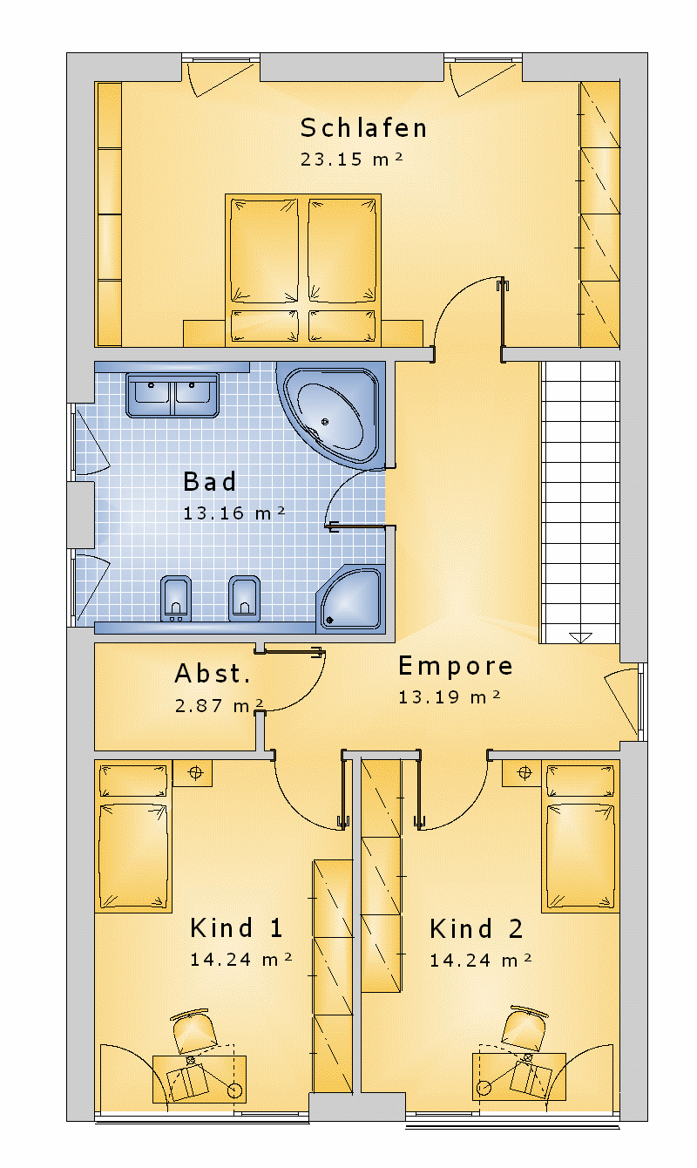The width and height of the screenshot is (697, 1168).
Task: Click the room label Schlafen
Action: click(363, 128)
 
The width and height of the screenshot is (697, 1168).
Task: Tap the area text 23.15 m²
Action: click(351, 159)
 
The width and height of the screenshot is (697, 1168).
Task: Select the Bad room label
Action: click(210, 481)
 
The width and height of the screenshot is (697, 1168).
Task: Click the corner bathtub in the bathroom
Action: click(329, 415)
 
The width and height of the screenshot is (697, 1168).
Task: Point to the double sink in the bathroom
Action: click(172, 395)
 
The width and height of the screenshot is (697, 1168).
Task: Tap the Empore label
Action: click(455, 667)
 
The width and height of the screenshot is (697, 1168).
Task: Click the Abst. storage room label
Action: click(213, 673)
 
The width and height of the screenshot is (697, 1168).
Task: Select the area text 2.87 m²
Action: click(220, 705)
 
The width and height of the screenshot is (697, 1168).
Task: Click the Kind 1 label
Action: click(236, 928)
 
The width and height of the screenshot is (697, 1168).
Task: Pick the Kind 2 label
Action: click(476, 929)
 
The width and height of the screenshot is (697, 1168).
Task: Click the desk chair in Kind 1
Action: click(193, 1031)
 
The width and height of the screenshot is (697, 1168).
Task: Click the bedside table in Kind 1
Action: click(193, 772)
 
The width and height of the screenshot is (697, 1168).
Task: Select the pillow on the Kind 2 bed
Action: click(580, 781)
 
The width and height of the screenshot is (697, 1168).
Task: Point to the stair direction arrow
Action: click(580, 637)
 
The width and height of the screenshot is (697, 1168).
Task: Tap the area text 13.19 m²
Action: click(450, 697)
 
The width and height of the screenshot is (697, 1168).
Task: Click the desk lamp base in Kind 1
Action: click(234, 1090)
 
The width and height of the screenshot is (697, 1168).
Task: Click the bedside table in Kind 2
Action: click(522, 772)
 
